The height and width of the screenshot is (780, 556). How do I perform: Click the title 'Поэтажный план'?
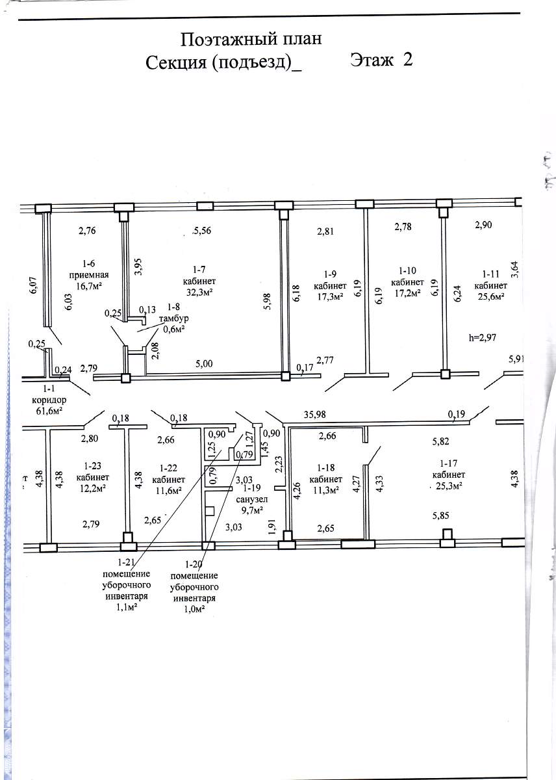pos(251,40)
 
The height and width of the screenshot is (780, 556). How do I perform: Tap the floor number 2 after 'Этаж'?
pos(407,59)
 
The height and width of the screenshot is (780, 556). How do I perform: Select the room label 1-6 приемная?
pos(89,269)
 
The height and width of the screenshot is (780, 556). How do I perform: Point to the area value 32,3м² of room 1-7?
pos(199,292)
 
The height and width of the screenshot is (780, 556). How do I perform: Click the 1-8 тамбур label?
pos(173,313)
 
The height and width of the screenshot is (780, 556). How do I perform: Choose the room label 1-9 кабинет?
pos(330,279)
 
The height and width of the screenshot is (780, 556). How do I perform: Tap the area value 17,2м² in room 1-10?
pos(407,292)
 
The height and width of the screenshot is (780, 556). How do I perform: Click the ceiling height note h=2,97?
pos(482,337)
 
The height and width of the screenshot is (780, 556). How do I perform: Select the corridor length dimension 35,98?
pos(314,415)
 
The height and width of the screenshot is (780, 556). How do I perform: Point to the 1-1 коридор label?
pos(49,394)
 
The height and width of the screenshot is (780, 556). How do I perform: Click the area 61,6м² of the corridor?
pos(49,411)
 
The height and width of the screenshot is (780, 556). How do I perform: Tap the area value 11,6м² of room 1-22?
pos(168,491)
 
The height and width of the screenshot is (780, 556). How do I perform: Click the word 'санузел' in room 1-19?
pos(252,499)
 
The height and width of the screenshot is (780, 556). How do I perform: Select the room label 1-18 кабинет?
pos(325,473)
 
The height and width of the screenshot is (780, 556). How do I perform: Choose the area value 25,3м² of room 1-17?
pos(449,486)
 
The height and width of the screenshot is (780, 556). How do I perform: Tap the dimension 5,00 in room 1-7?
pos(204,364)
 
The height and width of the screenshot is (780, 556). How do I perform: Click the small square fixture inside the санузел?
pos(210,511)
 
